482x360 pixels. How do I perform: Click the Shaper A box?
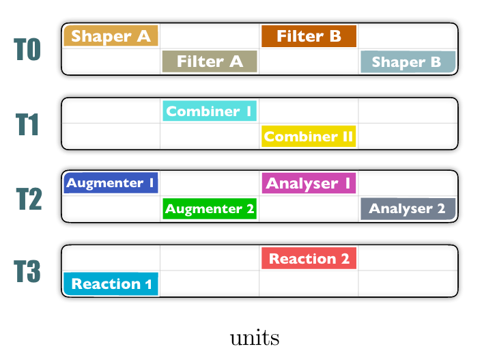tap(111, 36)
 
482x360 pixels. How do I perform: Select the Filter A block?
tap(210, 61)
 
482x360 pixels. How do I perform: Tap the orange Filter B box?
tap(309, 36)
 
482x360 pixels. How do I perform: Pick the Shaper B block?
tap(408, 62)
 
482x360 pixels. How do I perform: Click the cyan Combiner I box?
tap(210, 111)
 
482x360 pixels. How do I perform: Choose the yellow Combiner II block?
tap(309, 136)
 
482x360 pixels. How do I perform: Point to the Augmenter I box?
tap(111, 183)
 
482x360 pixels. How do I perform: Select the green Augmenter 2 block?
tap(210, 208)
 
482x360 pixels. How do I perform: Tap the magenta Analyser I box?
tap(309, 183)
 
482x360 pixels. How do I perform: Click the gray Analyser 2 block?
tap(408, 208)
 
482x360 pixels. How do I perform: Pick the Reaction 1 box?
tap(111, 283)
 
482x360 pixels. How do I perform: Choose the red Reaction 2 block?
tap(309, 258)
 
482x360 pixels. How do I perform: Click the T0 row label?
tap(27, 49)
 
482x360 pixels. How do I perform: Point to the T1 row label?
tap(27, 124)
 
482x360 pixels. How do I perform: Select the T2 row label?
tap(29, 199)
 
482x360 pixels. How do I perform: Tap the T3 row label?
tap(27, 271)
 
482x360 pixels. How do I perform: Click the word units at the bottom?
tap(255, 337)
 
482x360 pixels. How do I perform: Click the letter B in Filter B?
tap(335, 36)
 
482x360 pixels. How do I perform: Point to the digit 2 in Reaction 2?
tap(345, 258)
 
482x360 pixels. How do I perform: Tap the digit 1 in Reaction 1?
tap(148, 284)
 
